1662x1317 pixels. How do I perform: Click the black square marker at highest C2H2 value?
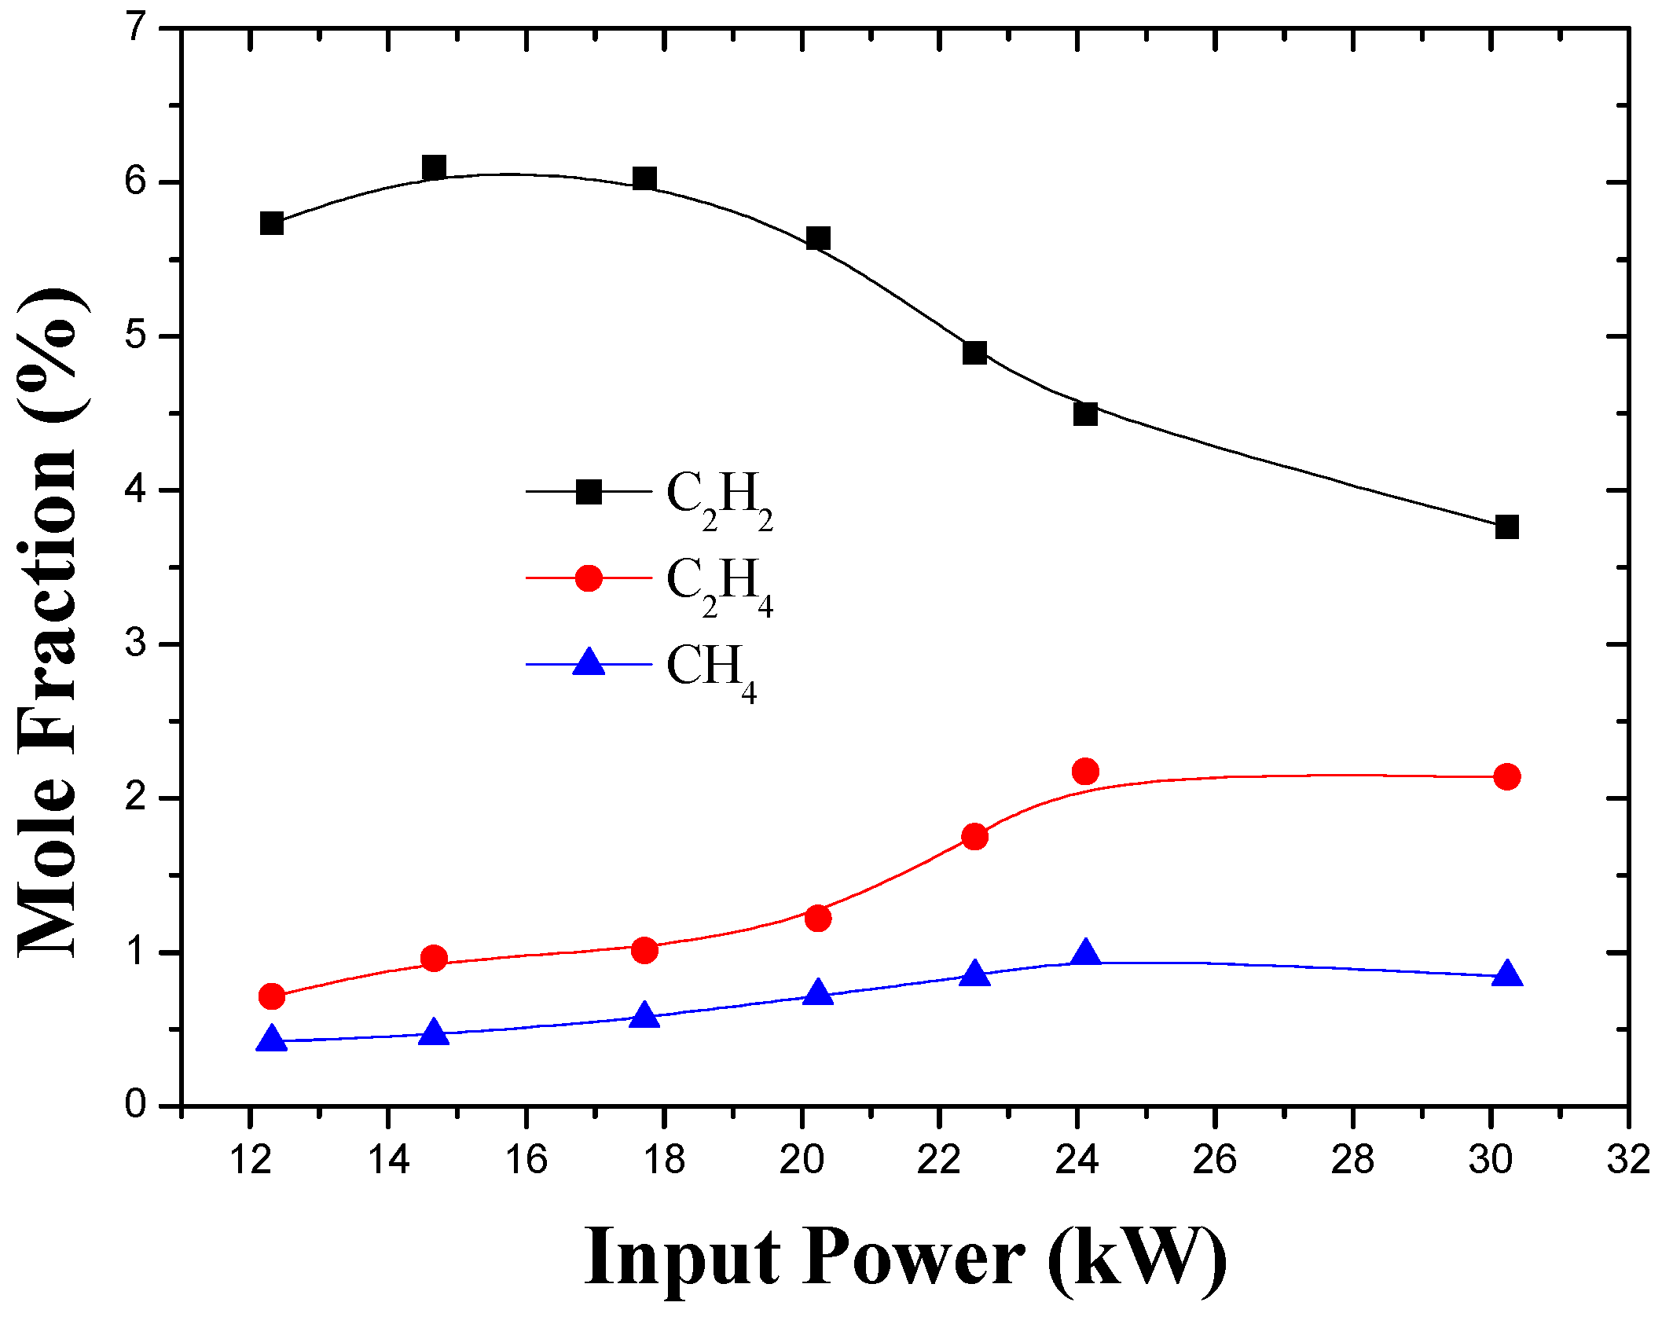[434, 167]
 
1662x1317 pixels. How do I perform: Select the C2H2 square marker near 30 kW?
[1506, 526]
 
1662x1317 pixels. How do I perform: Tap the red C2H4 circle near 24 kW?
[1085, 772]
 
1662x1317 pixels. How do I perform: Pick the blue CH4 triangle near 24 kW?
[1085, 953]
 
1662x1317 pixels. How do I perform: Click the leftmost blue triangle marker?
[272, 1038]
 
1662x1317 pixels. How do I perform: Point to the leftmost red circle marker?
[271, 996]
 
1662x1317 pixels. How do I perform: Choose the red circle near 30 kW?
[1506, 777]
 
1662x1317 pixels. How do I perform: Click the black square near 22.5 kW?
[974, 353]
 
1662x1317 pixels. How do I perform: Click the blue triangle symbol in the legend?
[589, 662]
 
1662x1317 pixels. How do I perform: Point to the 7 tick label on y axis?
[137, 28]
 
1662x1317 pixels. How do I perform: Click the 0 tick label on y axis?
[136, 1105]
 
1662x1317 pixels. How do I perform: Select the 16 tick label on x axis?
[526, 1159]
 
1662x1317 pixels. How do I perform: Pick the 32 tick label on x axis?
[1627, 1159]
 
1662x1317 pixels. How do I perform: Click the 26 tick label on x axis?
[1215, 1159]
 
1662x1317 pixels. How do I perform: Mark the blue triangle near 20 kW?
[818, 992]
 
